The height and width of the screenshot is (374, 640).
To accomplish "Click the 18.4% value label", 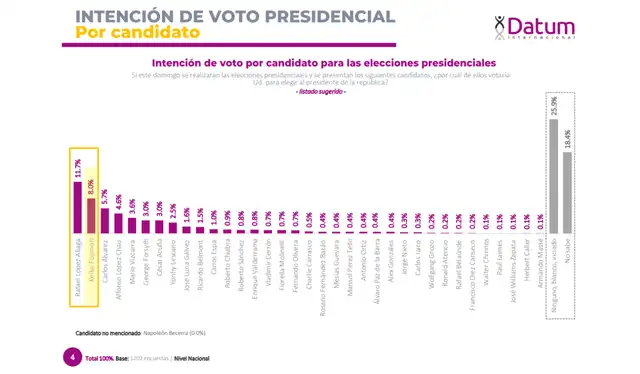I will (567, 139).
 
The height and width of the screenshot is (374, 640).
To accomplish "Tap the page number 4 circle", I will (71, 356).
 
